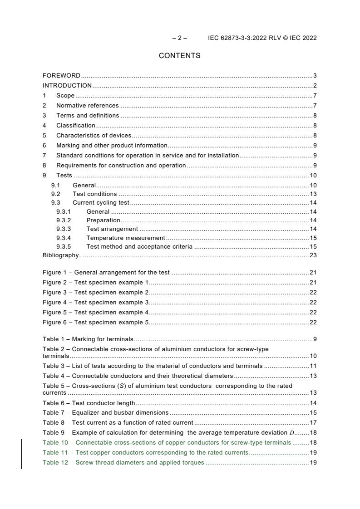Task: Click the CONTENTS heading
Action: point(179,56)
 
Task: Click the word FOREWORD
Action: point(61,75)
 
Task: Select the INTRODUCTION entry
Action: point(67,85)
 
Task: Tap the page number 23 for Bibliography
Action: point(313,255)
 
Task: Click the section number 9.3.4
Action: point(64,238)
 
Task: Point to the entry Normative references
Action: point(87,105)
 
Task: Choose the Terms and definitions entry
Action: point(88,115)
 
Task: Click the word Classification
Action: point(76,125)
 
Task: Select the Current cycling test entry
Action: point(101,202)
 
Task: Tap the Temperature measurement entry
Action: point(126,238)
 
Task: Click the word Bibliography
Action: point(60,255)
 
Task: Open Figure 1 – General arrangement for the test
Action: point(106,272)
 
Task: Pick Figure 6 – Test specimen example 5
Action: point(96,322)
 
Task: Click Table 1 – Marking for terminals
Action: point(88,339)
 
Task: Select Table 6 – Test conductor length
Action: point(89,403)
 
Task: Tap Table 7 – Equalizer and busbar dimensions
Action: point(105,412)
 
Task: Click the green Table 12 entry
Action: point(123,463)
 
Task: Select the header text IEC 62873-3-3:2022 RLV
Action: point(244,38)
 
